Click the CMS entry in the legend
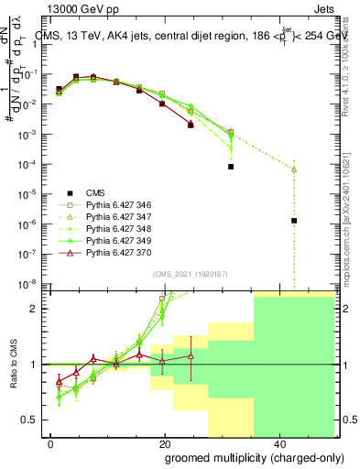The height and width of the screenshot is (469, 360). click(x=94, y=192)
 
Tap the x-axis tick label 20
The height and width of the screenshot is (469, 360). click(x=165, y=443)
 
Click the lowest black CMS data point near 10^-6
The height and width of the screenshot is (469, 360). click(x=294, y=221)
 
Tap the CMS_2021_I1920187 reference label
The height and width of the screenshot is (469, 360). click(x=183, y=274)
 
